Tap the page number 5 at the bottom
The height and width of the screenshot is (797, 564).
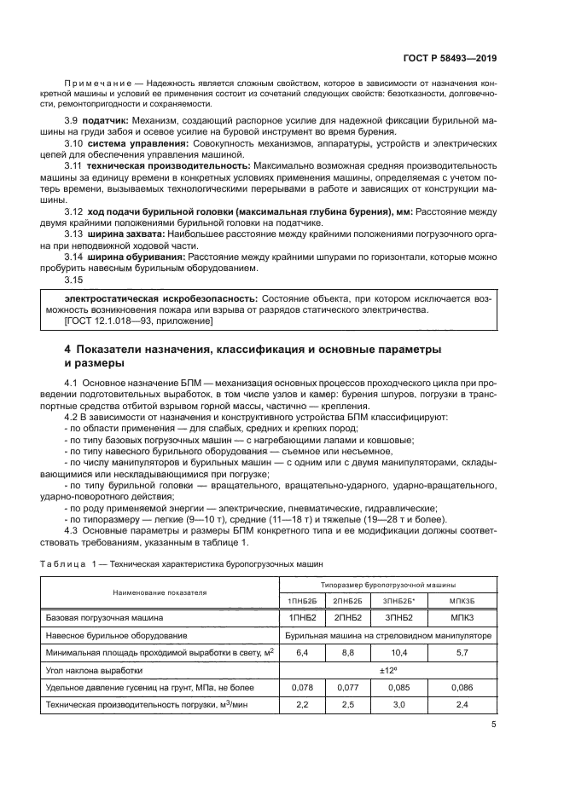493,725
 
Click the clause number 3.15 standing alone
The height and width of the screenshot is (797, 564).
74,279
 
